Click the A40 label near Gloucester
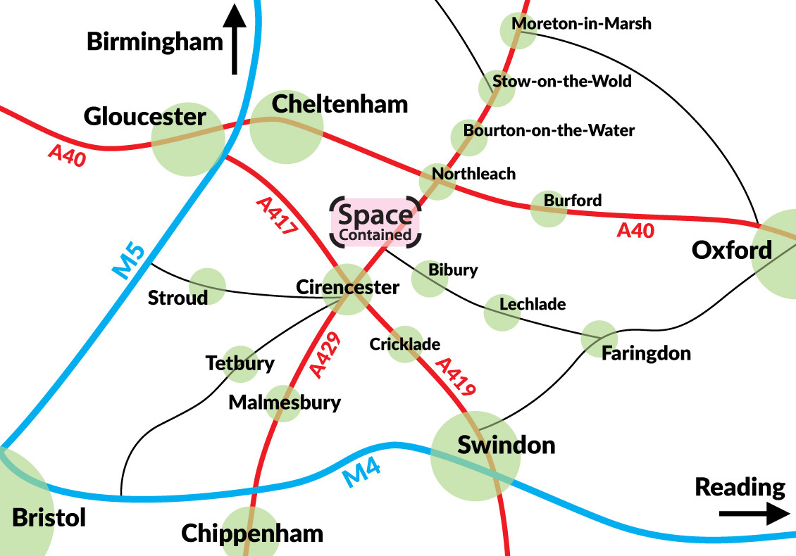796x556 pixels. pyautogui.click(x=68, y=156)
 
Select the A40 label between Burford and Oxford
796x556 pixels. pyautogui.click(x=635, y=230)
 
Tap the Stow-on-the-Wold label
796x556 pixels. pyautogui.click(x=562, y=81)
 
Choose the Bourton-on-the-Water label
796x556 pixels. pyautogui.click(x=549, y=130)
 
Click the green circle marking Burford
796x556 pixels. pyautogui.click(x=548, y=209)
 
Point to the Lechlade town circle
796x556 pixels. pyautogui.click(x=502, y=313)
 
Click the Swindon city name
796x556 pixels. pyautogui.click(x=506, y=445)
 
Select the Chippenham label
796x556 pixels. pyautogui.click(x=252, y=533)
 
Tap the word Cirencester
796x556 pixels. pyautogui.click(x=347, y=287)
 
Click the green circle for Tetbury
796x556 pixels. pyautogui.click(x=240, y=364)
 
